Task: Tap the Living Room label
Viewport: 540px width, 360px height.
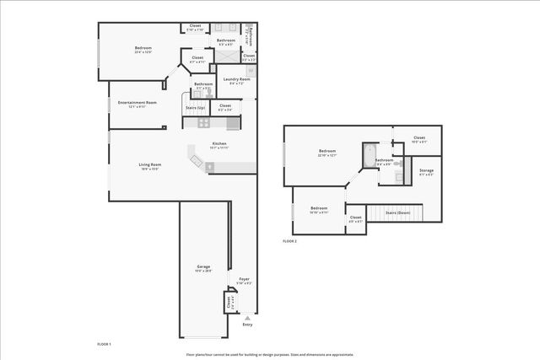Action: pyautogui.click(x=149, y=166)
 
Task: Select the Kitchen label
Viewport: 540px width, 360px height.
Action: pyautogui.click(x=219, y=145)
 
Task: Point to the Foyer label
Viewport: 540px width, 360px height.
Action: pyautogui.click(x=244, y=280)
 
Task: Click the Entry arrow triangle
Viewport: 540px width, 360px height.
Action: pyautogui.click(x=246, y=318)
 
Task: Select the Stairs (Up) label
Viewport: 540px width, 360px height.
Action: pyautogui.click(x=195, y=108)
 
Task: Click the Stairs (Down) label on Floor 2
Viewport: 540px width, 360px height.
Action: pyautogui.click(x=397, y=213)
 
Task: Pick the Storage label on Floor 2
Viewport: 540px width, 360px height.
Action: pyautogui.click(x=427, y=172)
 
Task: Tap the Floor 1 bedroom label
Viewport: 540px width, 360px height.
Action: pyautogui.click(x=143, y=50)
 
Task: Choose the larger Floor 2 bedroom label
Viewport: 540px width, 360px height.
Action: pyautogui.click(x=327, y=153)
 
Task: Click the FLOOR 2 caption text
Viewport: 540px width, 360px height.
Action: pyautogui.click(x=289, y=241)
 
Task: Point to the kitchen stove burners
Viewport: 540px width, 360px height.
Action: pyautogui.click(x=203, y=122)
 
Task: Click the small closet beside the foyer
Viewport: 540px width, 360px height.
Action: pyautogui.click(x=228, y=302)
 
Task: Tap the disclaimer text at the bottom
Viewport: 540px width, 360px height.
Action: pyautogui.click(x=270, y=354)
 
